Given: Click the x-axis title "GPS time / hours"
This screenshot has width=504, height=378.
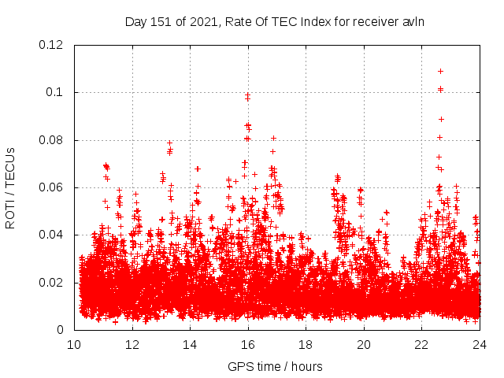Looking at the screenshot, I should (275, 366).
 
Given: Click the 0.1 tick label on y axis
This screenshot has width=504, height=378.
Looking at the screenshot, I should (57, 92).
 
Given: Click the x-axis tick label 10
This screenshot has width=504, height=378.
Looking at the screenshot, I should (74, 344).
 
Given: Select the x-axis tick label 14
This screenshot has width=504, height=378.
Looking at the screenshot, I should (190, 344).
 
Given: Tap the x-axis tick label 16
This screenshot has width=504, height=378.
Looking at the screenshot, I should (248, 344).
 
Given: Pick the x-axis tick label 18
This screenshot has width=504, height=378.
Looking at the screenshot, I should (306, 344).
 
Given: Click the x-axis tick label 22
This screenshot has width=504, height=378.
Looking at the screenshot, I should (421, 344).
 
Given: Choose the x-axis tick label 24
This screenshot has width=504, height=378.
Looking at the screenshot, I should (479, 344).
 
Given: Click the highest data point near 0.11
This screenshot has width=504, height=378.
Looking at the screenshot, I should (440, 71).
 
